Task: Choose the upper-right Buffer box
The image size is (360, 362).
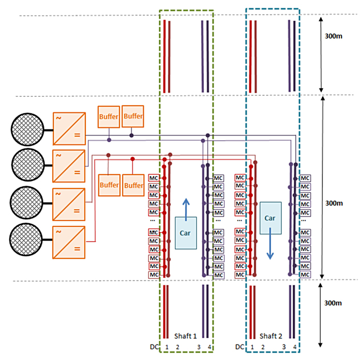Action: point(133,116)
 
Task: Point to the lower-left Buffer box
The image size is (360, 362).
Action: point(109,184)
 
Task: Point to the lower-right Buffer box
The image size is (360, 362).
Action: point(133,184)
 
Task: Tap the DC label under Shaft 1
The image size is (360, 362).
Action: point(152,347)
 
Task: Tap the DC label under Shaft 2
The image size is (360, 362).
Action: point(240,347)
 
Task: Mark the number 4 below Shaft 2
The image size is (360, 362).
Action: point(295,347)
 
